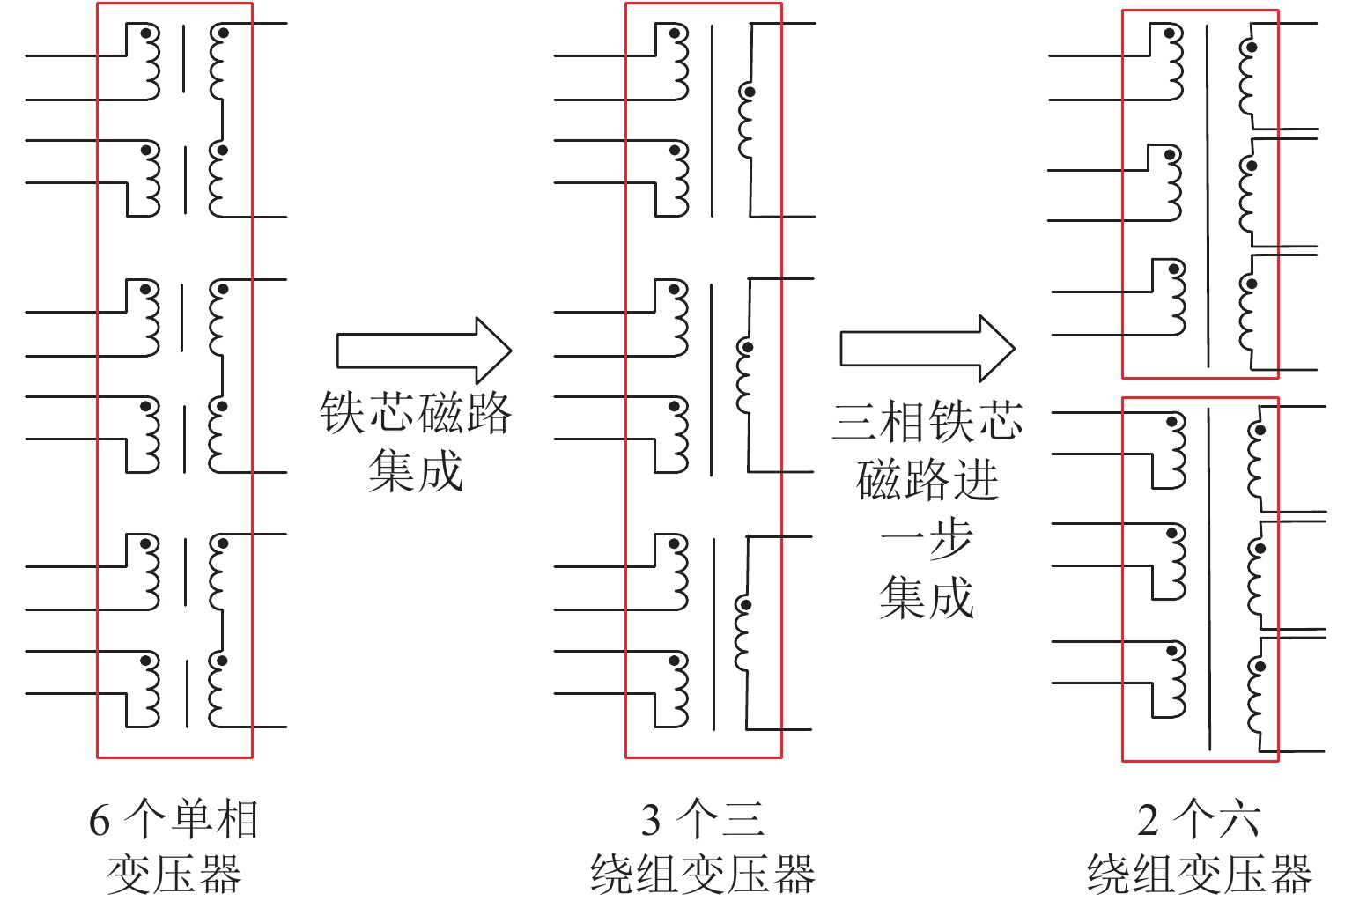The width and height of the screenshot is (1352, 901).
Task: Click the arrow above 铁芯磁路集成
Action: pos(423,351)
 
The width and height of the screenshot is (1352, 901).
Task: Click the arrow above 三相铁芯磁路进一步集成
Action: pos(927,349)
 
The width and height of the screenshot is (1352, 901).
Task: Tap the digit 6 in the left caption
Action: pos(100,821)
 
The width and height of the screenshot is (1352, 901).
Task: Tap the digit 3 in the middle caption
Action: pos(651,821)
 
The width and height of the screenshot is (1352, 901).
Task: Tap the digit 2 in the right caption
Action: pos(1148,821)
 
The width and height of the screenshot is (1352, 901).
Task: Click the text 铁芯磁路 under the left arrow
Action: pos(415,413)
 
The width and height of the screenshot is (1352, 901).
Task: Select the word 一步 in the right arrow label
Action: pos(927,539)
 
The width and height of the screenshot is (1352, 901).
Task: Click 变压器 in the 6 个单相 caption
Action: pos(174,875)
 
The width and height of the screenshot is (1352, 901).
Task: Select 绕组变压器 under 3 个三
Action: pos(703,875)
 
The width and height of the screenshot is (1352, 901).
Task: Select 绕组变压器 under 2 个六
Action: pos(1200,875)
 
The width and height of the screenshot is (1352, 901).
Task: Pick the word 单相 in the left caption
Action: pos(215,821)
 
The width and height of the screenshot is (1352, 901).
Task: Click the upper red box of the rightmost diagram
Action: pos(1200,194)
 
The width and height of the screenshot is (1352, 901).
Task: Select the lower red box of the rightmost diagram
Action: pos(1200,579)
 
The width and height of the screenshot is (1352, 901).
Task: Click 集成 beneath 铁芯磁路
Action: pos(415,471)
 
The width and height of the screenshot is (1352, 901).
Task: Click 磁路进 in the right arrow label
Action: pos(927,480)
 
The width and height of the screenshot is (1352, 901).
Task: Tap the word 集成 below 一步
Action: pos(927,597)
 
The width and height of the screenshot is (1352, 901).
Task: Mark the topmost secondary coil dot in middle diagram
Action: pos(750,91)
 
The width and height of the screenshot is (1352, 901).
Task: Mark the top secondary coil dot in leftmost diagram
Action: pos(223,33)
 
